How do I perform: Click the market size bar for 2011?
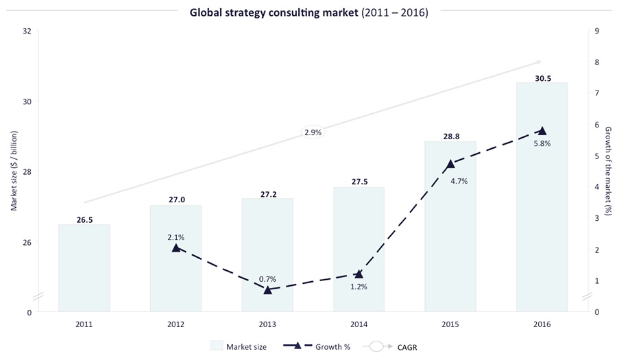[x=84, y=267]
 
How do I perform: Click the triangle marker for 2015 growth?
[x=450, y=164]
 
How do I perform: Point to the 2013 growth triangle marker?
[x=267, y=290]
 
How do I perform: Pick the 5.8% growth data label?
[x=541, y=144]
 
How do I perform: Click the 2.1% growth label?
[x=176, y=237]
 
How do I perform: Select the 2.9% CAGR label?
[x=313, y=132]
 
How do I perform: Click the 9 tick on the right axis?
[x=597, y=31]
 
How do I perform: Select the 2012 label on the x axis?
[x=176, y=324]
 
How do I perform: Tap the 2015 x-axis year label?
[x=450, y=324]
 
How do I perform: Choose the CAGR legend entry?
[x=394, y=346]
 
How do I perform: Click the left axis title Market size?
[x=13, y=171]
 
